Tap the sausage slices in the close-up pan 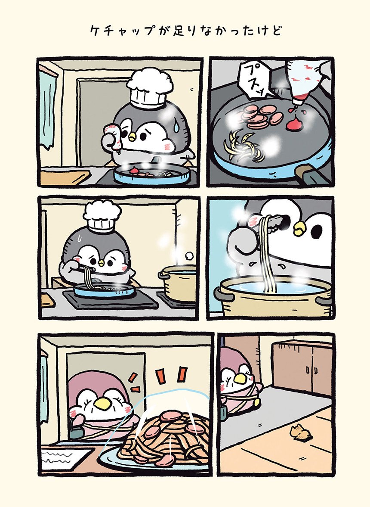(262, 115)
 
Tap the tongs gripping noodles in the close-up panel (273, 221)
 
